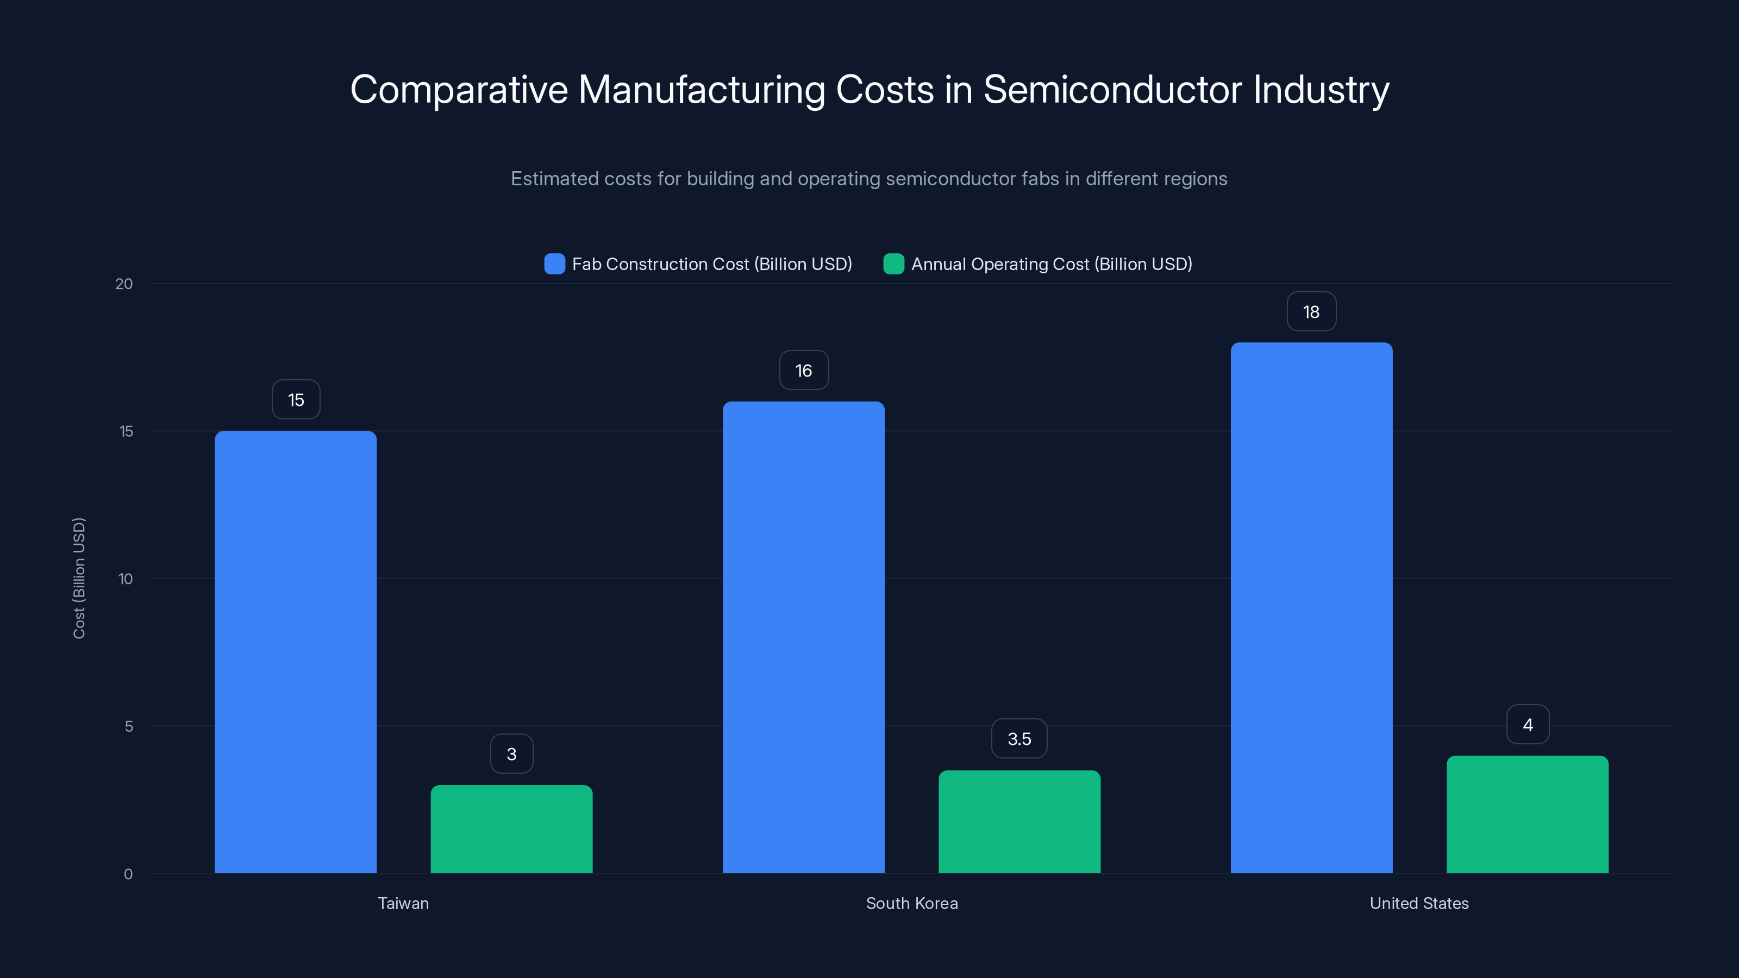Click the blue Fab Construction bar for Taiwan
point(296,651)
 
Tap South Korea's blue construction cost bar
point(803,637)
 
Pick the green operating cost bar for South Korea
point(1019,822)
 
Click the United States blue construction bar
point(1311,607)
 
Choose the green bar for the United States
point(1527,814)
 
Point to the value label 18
point(1311,312)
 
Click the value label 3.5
point(1019,738)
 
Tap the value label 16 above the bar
point(803,370)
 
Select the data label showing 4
point(1528,724)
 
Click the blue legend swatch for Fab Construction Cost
point(554,264)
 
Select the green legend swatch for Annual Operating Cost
point(893,264)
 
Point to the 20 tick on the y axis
point(124,284)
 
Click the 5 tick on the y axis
point(128,726)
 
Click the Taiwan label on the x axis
point(403,903)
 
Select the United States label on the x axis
point(1419,903)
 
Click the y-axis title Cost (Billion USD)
point(79,578)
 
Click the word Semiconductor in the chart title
point(1112,90)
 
